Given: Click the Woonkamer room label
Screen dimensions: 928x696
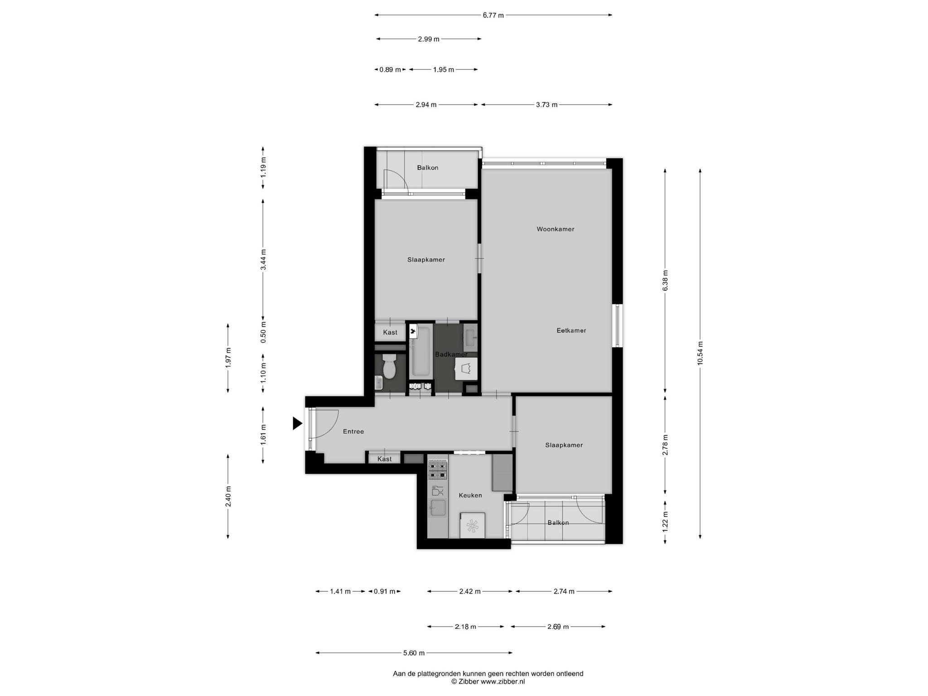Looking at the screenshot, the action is click(555, 229).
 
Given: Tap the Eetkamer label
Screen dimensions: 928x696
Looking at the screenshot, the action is click(571, 331).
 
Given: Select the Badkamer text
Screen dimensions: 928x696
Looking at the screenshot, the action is click(451, 354).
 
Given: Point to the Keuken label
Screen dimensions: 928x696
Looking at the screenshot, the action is click(470, 496).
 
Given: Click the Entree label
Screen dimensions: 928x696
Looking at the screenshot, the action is click(353, 432).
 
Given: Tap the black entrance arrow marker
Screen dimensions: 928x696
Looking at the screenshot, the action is click(297, 423).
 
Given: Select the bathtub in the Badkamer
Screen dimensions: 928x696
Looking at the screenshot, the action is click(420, 352).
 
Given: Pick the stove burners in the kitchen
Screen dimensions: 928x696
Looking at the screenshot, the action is click(438, 470).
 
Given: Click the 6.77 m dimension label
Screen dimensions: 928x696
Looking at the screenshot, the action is click(493, 15).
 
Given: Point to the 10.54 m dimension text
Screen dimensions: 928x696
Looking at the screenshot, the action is click(700, 353).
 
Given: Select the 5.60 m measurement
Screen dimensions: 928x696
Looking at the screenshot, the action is click(414, 653).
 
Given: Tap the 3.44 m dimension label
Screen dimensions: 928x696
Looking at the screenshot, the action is click(263, 260).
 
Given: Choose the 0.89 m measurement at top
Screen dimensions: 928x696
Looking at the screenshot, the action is click(390, 70).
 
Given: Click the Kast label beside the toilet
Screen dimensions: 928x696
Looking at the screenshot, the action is click(390, 333).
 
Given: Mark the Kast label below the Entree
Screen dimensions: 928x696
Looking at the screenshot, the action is click(385, 459).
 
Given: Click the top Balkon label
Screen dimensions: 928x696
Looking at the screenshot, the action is click(428, 168).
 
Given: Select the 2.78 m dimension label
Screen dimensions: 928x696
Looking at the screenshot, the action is click(665, 445).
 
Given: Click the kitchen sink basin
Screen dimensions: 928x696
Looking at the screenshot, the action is click(438, 507).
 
